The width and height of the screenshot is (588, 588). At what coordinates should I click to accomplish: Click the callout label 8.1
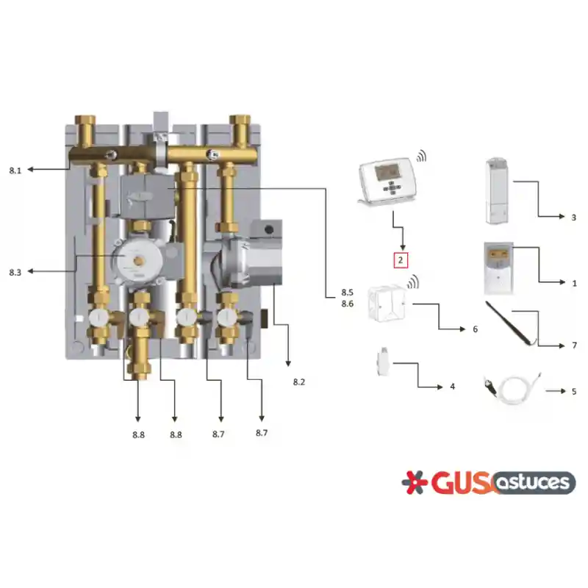point(15,171)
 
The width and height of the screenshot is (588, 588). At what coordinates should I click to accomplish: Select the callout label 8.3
point(15,272)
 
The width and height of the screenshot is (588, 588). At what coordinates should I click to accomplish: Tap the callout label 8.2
point(299,382)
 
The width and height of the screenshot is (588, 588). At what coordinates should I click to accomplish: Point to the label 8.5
point(347,292)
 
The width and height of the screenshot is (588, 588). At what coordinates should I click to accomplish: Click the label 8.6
point(347,304)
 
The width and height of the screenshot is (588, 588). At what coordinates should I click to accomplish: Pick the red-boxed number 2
point(401,260)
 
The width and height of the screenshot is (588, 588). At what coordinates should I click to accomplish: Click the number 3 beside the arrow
point(574,218)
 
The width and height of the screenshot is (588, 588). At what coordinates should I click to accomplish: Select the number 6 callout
point(475,329)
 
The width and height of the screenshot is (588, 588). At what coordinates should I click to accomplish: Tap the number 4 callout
point(452,387)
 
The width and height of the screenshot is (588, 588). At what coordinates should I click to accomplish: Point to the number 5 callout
point(574,392)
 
